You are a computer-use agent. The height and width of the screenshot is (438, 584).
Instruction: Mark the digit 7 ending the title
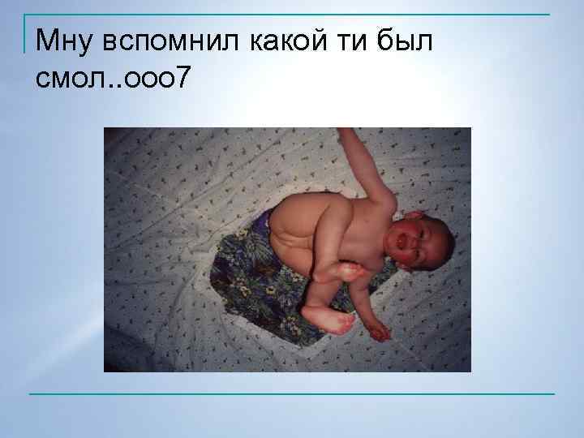click(x=187, y=79)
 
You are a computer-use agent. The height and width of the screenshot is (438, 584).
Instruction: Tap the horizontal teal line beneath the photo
click(x=292, y=394)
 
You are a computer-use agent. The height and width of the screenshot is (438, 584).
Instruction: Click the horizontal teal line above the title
click(x=292, y=15)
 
